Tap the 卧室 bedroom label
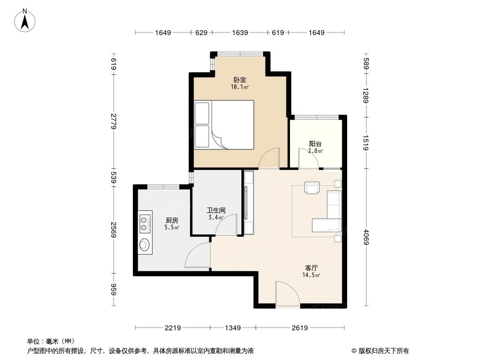pos(240,80)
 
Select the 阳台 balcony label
pos(315,144)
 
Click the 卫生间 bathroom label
pos(216,210)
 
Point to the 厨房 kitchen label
pos(172,220)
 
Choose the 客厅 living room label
pos(312,267)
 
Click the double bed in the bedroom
pos(224,125)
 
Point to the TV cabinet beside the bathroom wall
pos(249,202)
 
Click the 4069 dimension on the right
pos(366,237)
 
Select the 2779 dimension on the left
pos(113,121)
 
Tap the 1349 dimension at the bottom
pos(232,328)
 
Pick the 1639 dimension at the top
pos(240,32)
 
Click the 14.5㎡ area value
pos(312,274)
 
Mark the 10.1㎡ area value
pos(240,87)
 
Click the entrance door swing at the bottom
pos(287,295)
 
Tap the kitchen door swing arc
pos(197,255)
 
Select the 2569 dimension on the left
pos(113,230)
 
